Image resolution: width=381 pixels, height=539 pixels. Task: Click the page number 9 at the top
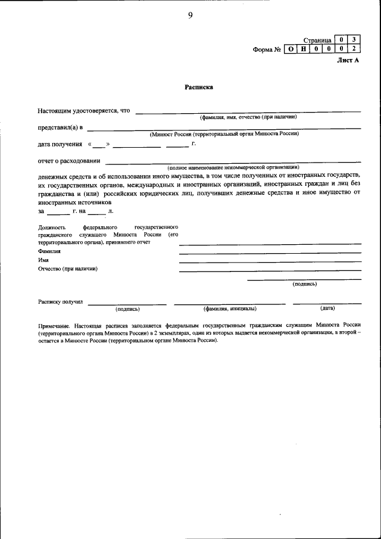click(x=190, y=15)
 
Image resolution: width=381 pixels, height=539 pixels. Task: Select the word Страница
click(x=317, y=39)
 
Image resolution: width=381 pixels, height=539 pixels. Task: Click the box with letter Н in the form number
click(x=304, y=49)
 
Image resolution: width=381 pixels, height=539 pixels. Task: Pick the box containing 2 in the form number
click(x=354, y=49)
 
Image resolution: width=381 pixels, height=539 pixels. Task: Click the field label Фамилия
click(x=49, y=251)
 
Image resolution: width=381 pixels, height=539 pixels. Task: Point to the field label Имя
click(x=43, y=260)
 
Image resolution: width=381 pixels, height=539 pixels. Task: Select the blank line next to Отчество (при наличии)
click(x=270, y=271)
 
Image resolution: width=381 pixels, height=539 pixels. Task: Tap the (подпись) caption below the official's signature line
click(x=304, y=284)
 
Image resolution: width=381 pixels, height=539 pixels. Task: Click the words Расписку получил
click(x=60, y=302)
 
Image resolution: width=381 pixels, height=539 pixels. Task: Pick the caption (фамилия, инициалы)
click(x=230, y=309)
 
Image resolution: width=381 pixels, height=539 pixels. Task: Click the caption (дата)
click(x=327, y=308)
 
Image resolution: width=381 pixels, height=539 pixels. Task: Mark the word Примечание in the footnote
click(x=55, y=326)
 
